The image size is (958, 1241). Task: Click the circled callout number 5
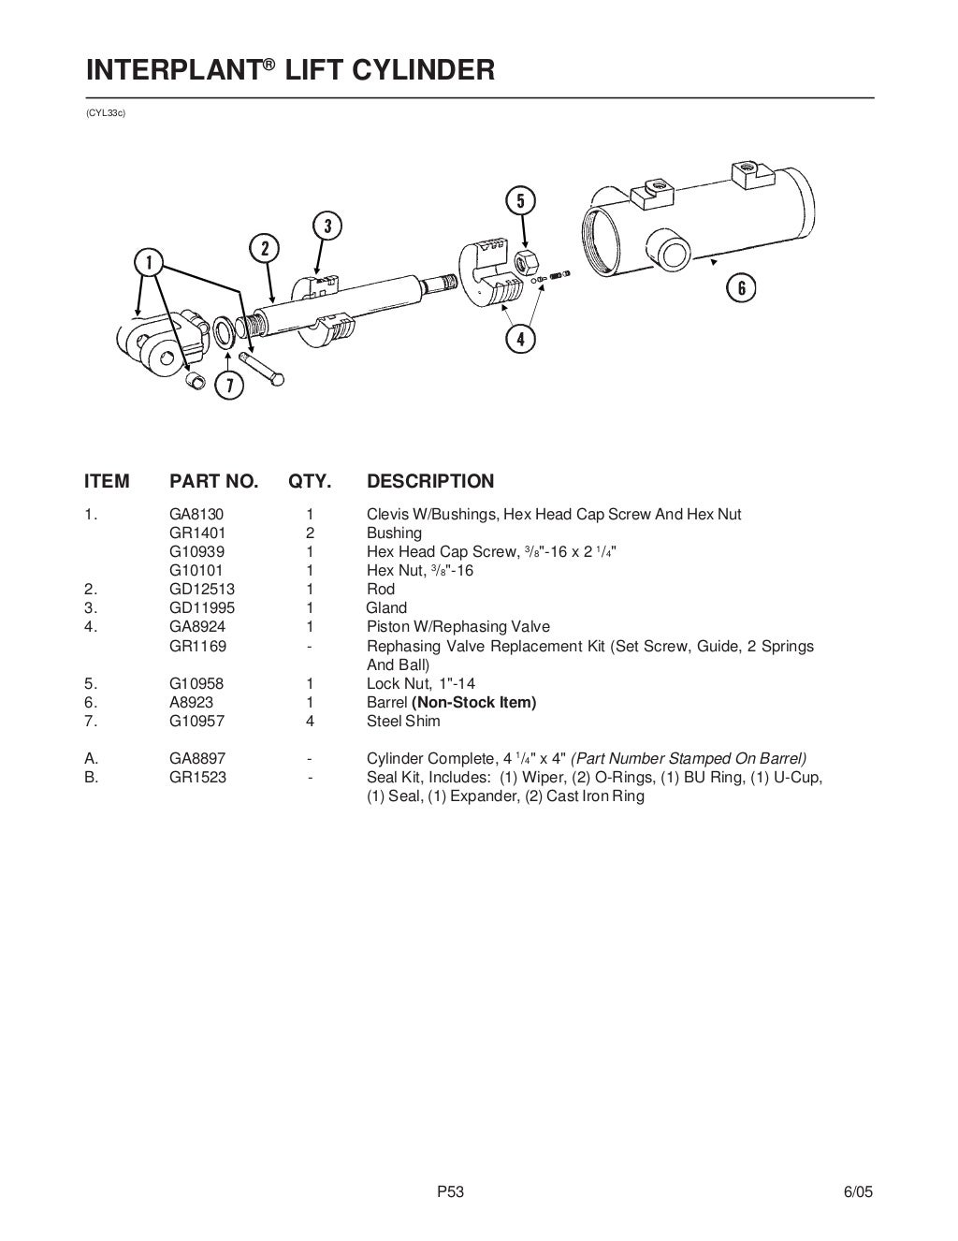[520, 200]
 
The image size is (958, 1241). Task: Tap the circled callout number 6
[741, 287]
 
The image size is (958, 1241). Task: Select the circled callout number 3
[327, 226]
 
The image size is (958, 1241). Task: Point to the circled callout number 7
[229, 385]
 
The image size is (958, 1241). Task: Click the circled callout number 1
[148, 261]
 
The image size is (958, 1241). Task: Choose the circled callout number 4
[520, 338]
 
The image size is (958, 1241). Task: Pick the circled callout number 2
[265, 248]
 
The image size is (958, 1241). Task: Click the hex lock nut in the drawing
[526, 261]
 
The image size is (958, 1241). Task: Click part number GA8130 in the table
[196, 514]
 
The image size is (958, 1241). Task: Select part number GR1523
[197, 777]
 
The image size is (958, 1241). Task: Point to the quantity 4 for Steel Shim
[310, 721]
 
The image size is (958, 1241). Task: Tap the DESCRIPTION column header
[429, 481]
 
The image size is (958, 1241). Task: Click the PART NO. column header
[213, 481]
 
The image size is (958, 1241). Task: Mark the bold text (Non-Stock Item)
[473, 702]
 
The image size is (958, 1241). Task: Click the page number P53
[451, 1191]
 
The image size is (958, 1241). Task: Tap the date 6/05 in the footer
[858, 1191]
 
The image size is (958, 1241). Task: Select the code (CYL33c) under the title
[105, 114]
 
